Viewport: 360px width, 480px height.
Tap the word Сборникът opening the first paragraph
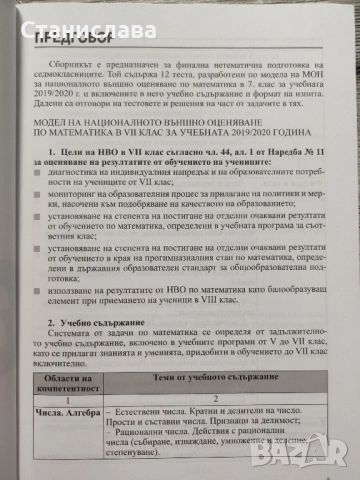84,62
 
